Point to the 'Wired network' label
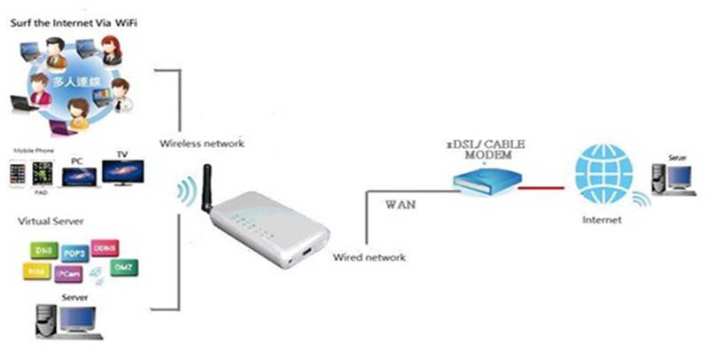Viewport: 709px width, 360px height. (x=370, y=257)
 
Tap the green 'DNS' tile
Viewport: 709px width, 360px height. (x=41, y=251)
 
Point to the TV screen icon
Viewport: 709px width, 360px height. (x=123, y=171)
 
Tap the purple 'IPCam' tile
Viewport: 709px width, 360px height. (x=69, y=275)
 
